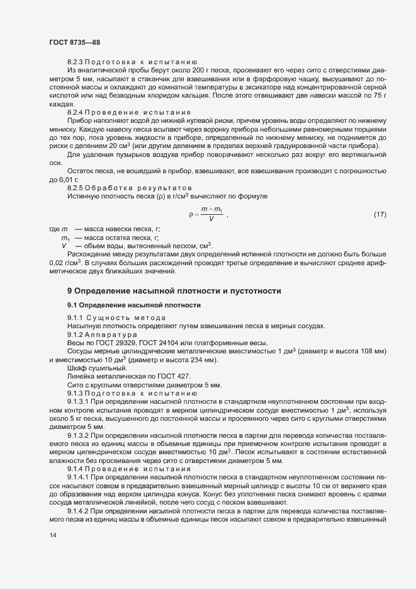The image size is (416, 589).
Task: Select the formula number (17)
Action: coord(379,215)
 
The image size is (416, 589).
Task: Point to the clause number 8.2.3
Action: coord(75,62)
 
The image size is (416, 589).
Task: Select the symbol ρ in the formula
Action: coord(191,215)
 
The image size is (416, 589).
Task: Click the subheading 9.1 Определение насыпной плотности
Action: coord(134,306)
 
